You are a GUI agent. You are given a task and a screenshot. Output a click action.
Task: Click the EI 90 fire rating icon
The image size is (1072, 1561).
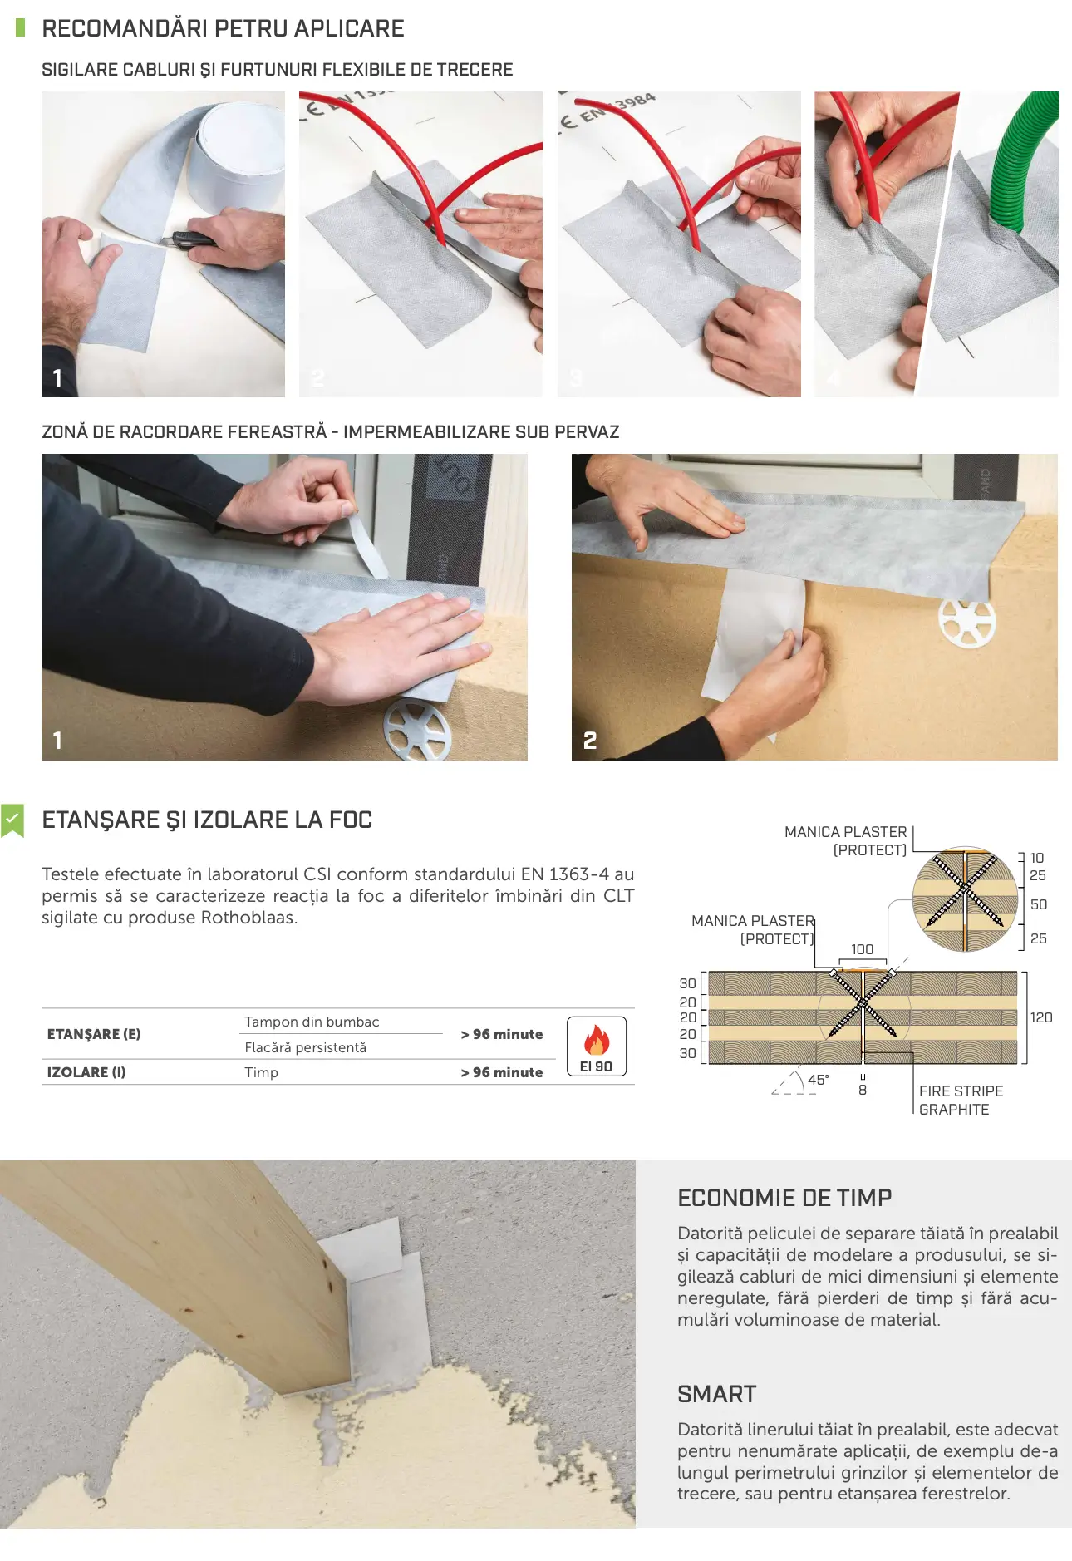click(x=597, y=1046)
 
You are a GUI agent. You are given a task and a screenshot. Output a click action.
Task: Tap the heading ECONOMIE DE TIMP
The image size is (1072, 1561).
click(x=784, y=1198)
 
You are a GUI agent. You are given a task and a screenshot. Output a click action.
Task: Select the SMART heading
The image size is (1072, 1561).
click(x=717, y=1394)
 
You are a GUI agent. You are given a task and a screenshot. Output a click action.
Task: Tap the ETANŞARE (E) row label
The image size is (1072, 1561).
click(x=94, y=1034)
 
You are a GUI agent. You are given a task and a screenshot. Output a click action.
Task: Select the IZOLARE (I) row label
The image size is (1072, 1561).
click(x=86, y=1072)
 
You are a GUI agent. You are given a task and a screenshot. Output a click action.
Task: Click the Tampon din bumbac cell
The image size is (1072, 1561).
click(x=312, y=1022)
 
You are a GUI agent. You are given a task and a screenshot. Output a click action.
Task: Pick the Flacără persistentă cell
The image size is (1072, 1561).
click(x=305, y=1047)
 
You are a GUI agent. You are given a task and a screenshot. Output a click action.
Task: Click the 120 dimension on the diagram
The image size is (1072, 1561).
click(x=1041, y=1017)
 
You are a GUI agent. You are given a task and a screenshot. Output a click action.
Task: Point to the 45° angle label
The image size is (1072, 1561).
click(x=819, y=1080)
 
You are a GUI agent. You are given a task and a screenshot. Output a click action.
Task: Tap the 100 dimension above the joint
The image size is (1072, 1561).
click(x=863, y=949)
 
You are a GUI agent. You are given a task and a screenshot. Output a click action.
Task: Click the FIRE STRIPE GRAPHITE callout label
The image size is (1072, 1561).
click(x=961, y=1100)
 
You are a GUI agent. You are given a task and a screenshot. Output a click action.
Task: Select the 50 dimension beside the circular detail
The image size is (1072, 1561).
click(x=1039, y=904)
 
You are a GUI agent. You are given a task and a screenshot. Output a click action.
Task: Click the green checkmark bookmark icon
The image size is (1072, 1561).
click(x=12, y=820)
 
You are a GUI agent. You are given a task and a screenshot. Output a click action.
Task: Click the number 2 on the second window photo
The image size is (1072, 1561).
click(x=590, y=740)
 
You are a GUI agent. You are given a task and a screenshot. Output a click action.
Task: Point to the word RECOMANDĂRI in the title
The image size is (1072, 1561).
click(x=125, y=27)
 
